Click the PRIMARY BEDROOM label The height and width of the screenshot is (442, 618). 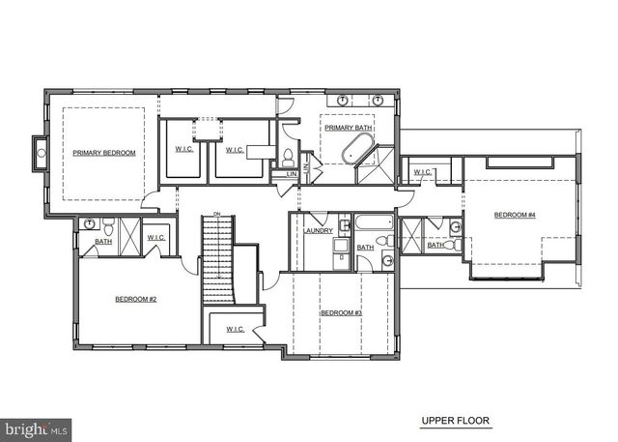pyautogui.click(x=104, y=153)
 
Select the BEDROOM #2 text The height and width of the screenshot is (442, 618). pyautogui.click(x=135, y=299)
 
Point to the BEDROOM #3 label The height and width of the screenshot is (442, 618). pyautogui.click(x=341, y=312)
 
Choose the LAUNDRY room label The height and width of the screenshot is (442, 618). pyautogui.click(x=318, y=230)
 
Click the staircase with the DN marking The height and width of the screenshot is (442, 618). pyautogui.click(x=217, y=259)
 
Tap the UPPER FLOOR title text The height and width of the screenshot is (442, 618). pyautogui.click(x=455, y=421)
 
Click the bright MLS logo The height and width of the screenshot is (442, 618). pyautogui.click(x=36, y=427)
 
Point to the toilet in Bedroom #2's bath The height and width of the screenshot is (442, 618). pyautogui.click(x=108, y=228)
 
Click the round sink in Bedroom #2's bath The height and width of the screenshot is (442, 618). pyautogui.click(x=90, y=224)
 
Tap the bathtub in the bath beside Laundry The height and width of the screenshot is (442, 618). pyautogui.click(x=373, y=222)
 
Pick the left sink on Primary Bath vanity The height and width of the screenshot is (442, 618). pyautogui.click(x=343, y=100)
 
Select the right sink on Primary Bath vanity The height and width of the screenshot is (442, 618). pyautogui.click(x=378, y=100)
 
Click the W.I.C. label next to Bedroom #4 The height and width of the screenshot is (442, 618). pyautogui.click(x=423, y=172)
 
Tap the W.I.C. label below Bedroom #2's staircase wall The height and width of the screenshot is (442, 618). pyautogui.click(x=236, y=329)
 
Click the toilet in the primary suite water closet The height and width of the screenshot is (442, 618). pyautogui.click(x=288, y=158)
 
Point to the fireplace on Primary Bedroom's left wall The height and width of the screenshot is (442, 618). pyautogui.click(x=41, y=151)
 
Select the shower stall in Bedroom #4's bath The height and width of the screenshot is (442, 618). pyautogui.click(x=412, y=235)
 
